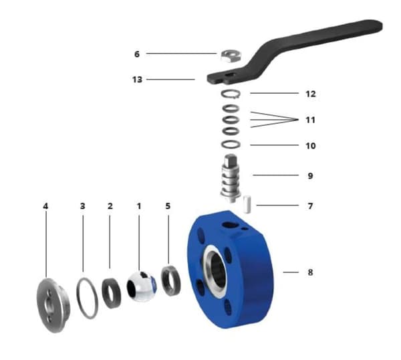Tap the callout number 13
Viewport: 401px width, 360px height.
click(x=137, y=80)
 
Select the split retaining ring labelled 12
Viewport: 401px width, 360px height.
click(x=231, y=94)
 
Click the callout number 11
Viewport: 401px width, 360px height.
click(x=311, y=120)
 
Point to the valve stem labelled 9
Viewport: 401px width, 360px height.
click(x=231, y=178)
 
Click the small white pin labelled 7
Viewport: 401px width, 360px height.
click(x=247, y=204)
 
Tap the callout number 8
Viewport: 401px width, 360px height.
click(x=310, y=272)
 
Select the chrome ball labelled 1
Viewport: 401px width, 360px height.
click(x=141, y=286)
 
